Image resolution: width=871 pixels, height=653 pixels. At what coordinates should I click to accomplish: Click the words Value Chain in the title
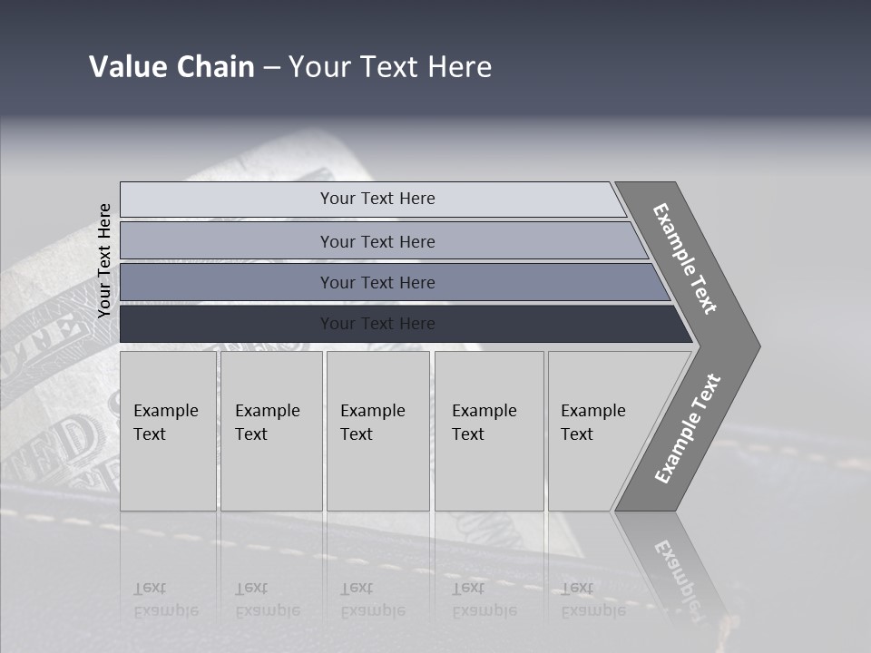coord(171,67)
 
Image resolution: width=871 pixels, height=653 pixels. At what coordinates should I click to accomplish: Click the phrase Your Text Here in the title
coord(390,67)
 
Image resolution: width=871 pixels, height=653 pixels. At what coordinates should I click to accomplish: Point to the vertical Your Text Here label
coord(104,260)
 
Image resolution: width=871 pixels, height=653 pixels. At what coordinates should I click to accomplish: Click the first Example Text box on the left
coord(168,430)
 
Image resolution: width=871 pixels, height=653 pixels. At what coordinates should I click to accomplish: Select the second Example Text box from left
coord(270,430)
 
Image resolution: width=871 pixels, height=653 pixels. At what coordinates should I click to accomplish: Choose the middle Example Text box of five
coord(377,430)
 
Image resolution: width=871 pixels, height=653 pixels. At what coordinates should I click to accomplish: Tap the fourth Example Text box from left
coord(488,430)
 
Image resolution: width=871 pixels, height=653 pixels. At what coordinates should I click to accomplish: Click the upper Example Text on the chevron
coord(685,258)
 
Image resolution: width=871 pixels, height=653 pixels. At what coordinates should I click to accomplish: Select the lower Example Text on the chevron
coord(687,429)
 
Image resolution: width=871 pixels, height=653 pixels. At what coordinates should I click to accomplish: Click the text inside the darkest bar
coord(377,324)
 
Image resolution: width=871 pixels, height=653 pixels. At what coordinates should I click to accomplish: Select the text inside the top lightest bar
coord(377,199)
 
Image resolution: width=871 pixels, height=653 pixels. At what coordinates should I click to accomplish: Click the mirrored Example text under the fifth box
coord(593,599)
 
